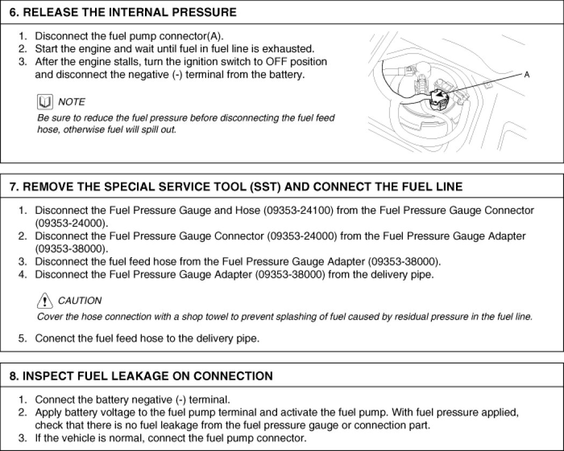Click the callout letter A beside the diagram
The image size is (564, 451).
526,75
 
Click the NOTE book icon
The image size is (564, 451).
45,101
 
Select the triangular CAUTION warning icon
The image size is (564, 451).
45,300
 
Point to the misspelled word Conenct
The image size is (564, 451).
53,338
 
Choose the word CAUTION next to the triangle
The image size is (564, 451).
79,300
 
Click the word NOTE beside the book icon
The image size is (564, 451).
71,101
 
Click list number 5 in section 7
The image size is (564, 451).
22,338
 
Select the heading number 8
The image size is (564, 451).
13,376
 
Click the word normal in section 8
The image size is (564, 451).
114,438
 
